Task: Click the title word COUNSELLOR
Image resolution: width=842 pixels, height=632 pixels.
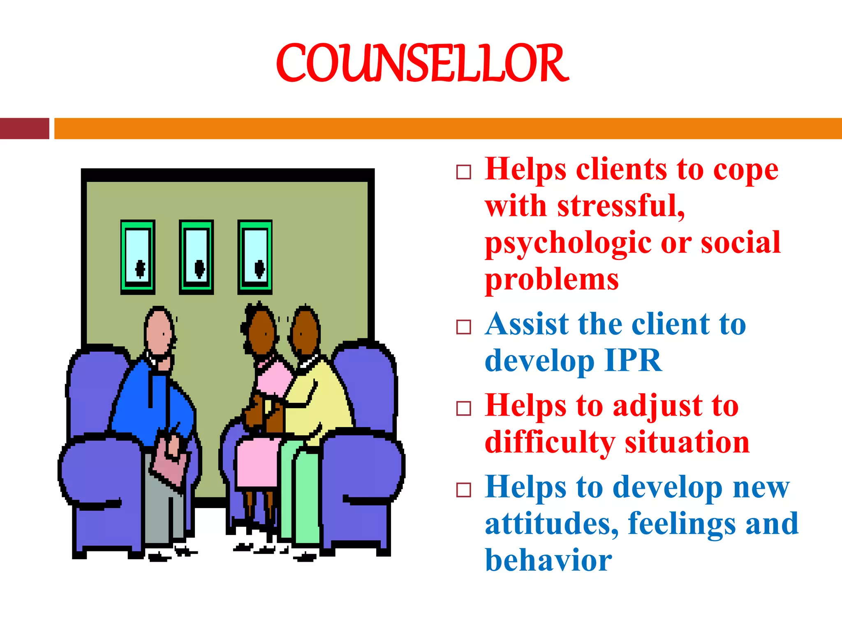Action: point(422,63)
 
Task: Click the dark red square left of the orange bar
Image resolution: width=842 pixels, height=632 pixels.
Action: point(24,128)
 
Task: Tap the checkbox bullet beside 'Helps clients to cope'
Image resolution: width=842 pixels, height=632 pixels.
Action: point(464,172)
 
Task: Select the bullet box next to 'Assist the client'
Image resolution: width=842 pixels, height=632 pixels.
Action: point(464,327)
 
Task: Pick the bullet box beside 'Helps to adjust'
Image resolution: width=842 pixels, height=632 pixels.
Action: point(464,409)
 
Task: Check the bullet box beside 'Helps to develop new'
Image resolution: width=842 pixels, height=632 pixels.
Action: point(464,490)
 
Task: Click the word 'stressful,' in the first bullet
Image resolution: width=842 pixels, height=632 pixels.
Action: point(621,206)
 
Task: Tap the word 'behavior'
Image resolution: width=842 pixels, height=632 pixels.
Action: point(548,560)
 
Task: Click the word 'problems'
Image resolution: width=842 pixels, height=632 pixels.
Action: point(552,280)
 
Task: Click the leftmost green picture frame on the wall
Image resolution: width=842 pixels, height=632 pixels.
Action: point(138,257)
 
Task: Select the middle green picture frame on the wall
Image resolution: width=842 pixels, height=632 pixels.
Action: point(196,257)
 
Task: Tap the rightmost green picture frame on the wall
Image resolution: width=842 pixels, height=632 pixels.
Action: point(255,257)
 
